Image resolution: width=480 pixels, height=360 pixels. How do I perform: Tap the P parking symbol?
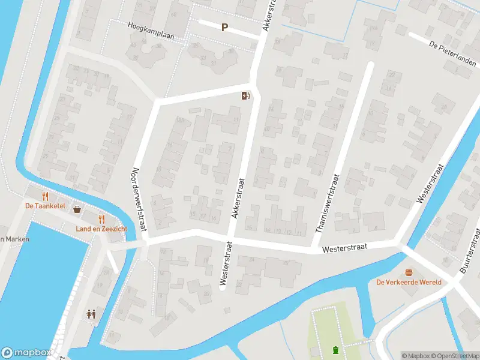coord(225,27)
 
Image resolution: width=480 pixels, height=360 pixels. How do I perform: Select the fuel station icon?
coord(245,95)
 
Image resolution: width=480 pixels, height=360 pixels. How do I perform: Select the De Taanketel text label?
coord(45,206)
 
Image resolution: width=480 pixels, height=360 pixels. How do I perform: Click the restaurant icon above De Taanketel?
coord(45,196)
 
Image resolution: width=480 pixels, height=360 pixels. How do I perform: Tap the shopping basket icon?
coord(77,209)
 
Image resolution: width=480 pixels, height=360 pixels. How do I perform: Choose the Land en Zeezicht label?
coord(101,229)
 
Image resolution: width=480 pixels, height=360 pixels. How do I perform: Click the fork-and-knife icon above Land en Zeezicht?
coord(101,219)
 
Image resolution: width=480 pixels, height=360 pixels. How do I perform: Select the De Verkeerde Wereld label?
coord(409,282)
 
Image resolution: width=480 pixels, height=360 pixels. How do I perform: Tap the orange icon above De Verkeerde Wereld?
coord(410,272)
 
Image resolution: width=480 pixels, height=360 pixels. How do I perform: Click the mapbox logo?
coord(26,353)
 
